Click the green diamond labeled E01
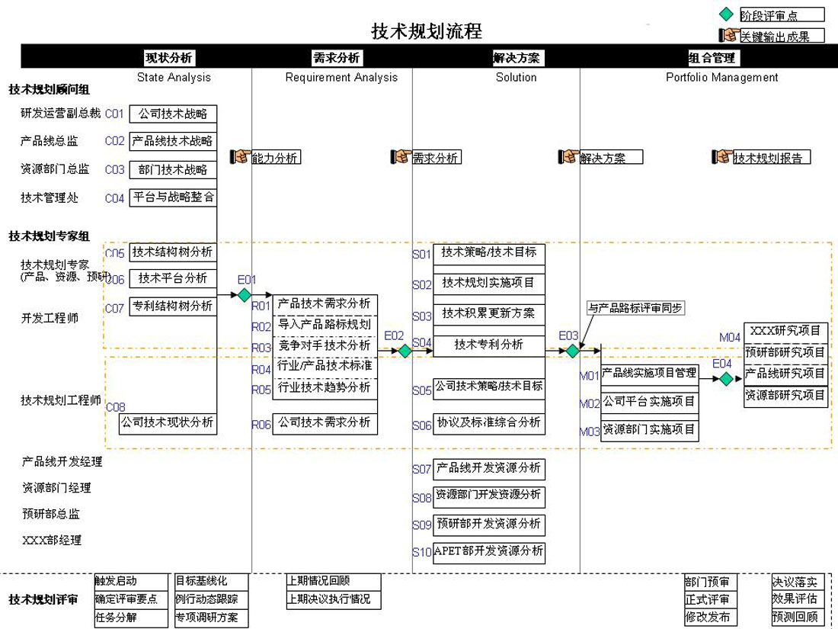(x=244, y=294)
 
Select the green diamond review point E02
(x=405, y=351)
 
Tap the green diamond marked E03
(x=572, y=351)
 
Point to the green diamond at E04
(x=726, y=379)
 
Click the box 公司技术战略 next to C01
(x=173, y=114)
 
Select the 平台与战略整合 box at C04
(x=173, y=197)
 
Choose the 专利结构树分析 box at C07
(x=172, y=306)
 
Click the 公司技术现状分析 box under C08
(x=168, y=422)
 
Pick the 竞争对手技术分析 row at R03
(x=325, y=345)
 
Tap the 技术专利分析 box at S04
(x=489, y=345)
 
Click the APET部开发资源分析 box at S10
(x=489, y=551)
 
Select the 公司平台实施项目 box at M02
(x=649, y=401)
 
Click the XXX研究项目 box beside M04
(x=785, y=331)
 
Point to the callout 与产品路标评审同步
(x=635, y=308)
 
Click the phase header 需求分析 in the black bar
(x=336, y=58)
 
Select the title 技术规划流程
(x=427, y=31)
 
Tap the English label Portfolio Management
(x=721, y=77)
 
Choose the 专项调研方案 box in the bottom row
(x=212, y=618)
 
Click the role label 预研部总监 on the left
(x=51, y=514)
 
